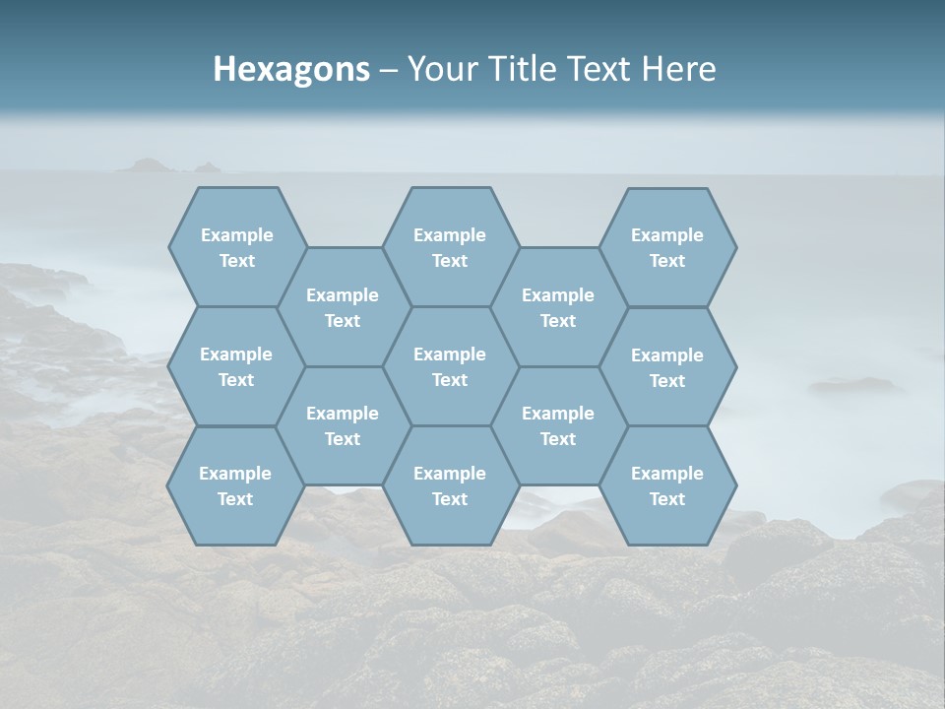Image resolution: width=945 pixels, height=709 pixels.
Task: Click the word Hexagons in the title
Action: [x=291, y=69]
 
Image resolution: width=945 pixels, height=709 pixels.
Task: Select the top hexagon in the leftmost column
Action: [x=236, y=247]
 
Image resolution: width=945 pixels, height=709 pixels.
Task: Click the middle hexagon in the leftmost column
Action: [x=236, y=366]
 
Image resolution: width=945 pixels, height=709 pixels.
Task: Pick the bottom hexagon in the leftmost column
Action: [x=235, y=485]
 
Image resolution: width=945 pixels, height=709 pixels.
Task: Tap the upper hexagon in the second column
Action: [x=343, y=307]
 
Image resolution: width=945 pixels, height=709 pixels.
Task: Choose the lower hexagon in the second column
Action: [x=343, y=425]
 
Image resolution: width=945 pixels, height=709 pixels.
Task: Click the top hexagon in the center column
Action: [x=450, y=247]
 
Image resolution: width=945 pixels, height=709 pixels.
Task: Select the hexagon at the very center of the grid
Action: [x=450, y=366]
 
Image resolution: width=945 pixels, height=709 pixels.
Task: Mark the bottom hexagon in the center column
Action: [x=450, y=485]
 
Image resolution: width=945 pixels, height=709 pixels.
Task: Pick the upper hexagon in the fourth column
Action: [x=558, y=307]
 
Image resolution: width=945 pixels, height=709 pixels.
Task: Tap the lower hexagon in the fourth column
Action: [x=558, y=425]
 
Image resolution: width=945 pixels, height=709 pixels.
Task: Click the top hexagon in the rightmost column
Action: [x=667, y=247]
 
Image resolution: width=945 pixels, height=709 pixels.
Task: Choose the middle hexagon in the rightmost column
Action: [x=667, y=367]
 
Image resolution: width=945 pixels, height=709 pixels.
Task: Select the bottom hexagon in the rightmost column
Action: [x=667, y=485]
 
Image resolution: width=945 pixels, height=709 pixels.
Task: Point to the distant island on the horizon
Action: [x=148, y=165]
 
